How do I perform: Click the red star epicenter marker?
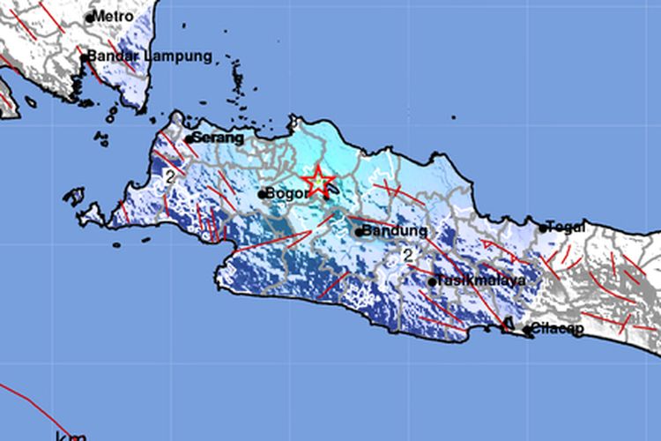click(x=318, y=183)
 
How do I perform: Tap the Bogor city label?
click(x=285, y=194)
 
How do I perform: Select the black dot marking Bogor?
click(x=262, y=194)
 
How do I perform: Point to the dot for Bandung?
click(x=359, y=232)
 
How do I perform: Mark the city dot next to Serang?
click(x=189, y=138)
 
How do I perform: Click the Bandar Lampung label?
click(x=150, y=56)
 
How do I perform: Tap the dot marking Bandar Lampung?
click(x=85, y=58)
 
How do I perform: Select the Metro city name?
click(x=115, y=17)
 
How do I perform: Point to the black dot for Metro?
click(x=90, y=18)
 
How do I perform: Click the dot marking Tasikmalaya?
click(x=433, y=282)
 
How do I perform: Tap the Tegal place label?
click(x=566, y=227)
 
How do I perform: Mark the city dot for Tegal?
click(x=543, y=228)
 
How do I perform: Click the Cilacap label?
click(x=556, y=331)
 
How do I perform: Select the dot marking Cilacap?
click(x=527, y=332)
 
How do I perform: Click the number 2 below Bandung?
click(x=407, y=255)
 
